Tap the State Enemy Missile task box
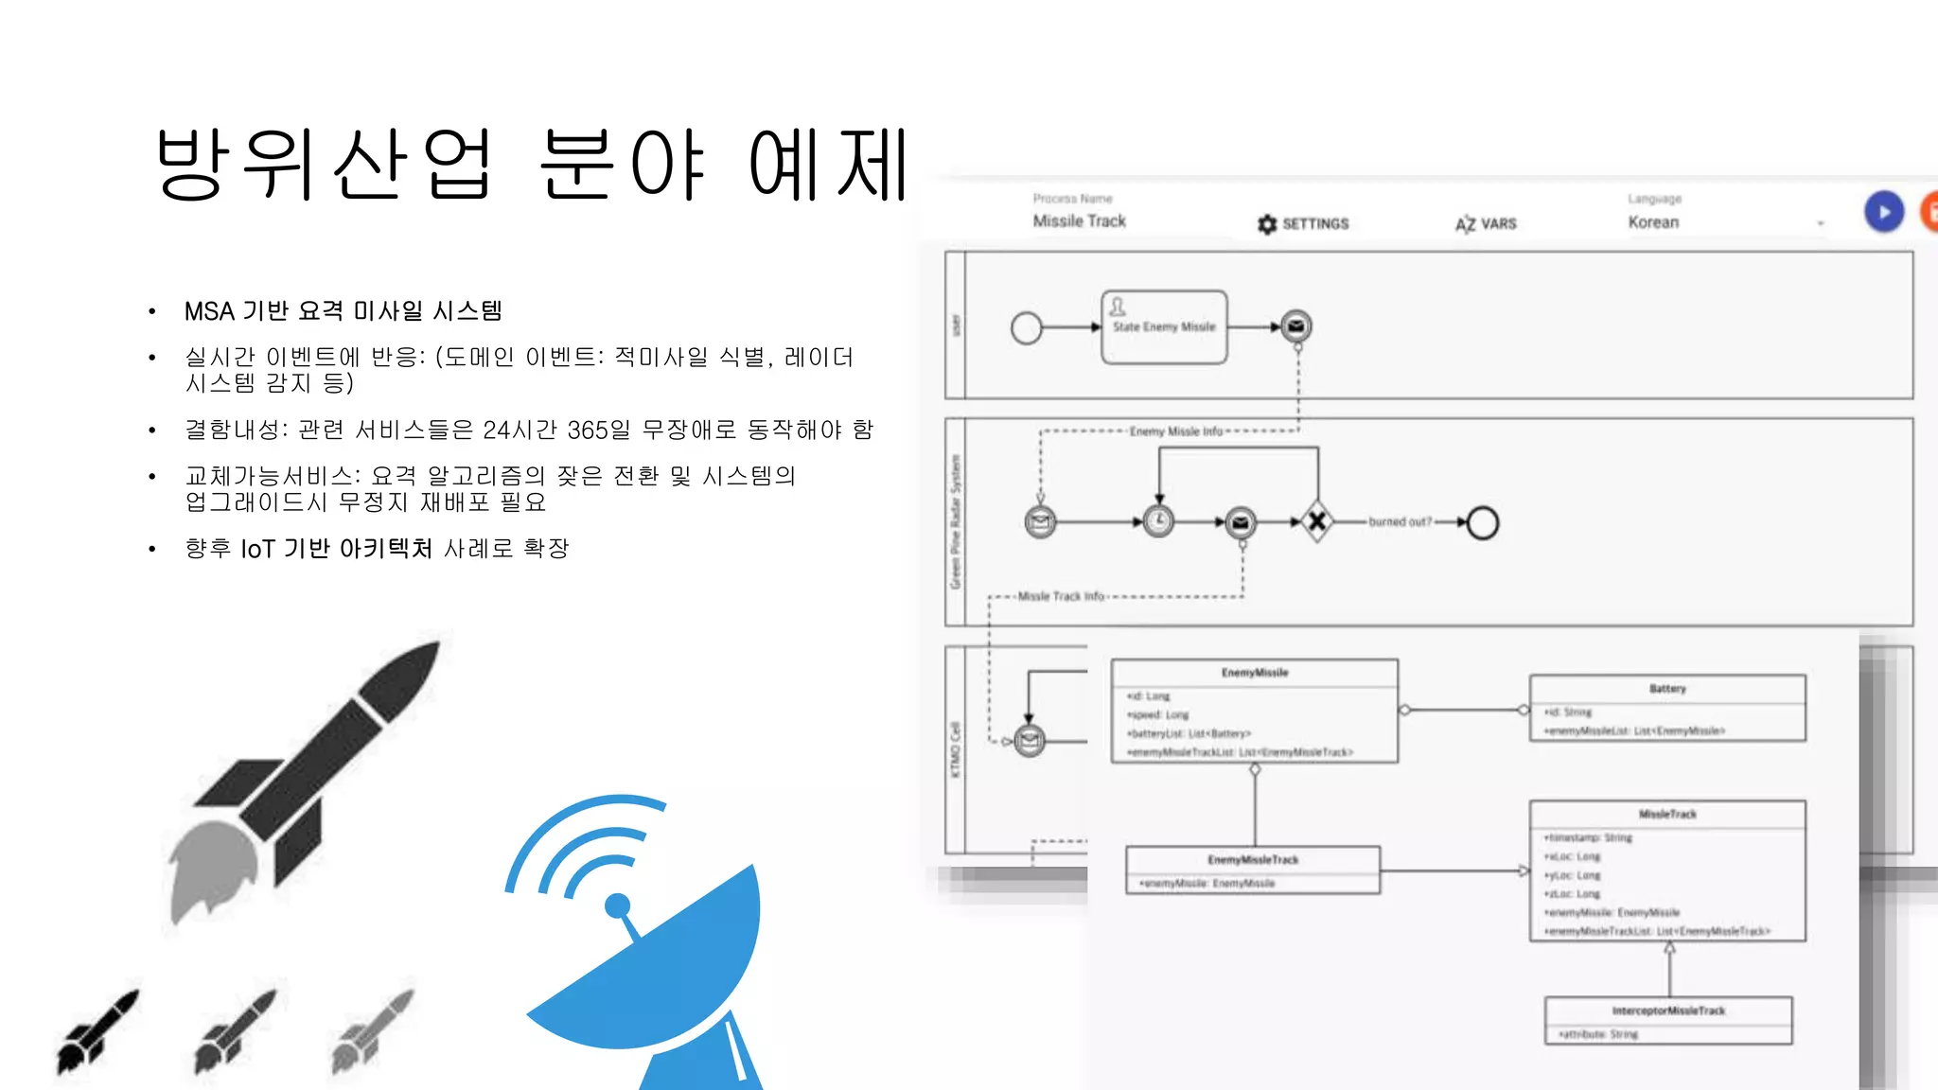(1164, 327)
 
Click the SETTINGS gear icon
(1267, 224)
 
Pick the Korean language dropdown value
(1653, 222)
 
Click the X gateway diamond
(1316, 521)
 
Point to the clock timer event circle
(1158, 521)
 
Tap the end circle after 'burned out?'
(1483, 522)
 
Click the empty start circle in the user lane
(1026, 328)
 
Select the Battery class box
(1667, 708)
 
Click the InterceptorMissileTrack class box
(1668, 1021)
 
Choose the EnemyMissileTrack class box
(1253, 870)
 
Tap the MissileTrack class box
(1667, 870)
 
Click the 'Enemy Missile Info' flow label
(1176, 431)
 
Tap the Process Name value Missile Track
(1079, 221)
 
